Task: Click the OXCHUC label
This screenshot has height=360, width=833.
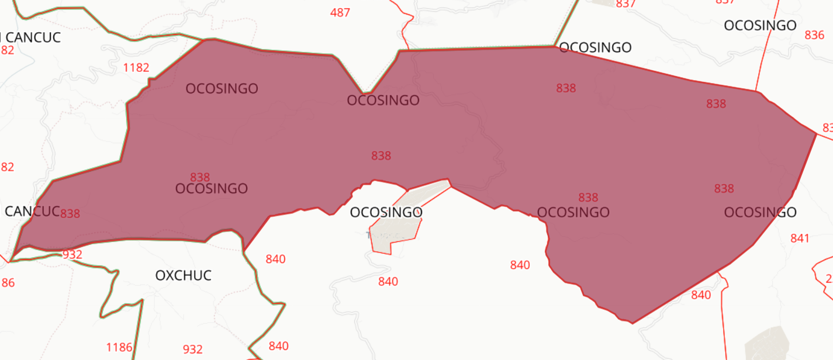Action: [x=183, y=275]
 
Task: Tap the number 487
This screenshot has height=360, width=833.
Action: [x=340, y=12]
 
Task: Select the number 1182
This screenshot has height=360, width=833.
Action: [x=136, y=68]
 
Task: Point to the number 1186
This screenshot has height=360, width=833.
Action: [x=119, y=348]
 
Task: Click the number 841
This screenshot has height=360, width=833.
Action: [x=800, y=238]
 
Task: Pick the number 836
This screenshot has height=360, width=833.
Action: [x=814, y=35]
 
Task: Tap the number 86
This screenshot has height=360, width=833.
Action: [x=8, y=283]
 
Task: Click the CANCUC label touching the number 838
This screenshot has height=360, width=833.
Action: [x=32, y=211]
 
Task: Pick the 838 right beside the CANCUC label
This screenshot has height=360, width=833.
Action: [x=70, y=213]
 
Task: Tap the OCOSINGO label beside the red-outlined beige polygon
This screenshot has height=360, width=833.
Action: [x=386, y=212]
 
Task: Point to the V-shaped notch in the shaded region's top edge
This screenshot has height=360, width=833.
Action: [x=366, y=92]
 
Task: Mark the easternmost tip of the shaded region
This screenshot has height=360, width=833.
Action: [x=816, y=134]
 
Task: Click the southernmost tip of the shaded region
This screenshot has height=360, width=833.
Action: [x=632, y=323]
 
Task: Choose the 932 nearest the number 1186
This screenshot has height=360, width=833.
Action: [x=192, y=349]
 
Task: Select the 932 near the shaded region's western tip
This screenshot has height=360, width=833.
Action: [x=72, y=254]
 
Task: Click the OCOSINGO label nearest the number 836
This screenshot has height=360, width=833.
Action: [x=760, y=26]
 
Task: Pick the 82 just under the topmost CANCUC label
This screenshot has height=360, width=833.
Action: [x=7, y=50]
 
